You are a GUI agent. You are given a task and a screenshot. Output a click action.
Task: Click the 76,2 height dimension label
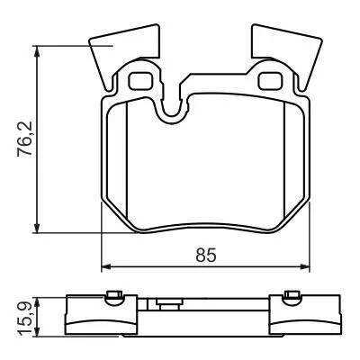[x=24, y=139]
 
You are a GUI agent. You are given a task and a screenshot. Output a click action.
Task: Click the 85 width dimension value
[x=206, y=256]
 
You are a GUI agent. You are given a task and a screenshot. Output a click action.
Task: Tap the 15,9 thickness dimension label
[x=24, y=318]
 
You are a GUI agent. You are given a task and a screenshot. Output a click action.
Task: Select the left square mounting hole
[x=141, y=80]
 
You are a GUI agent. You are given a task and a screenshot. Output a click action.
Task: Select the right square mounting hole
[x=270, y=80]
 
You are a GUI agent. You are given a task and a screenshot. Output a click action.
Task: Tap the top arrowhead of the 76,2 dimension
[x=37, y=51]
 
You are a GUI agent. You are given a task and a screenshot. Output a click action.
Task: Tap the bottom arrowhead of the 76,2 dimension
[x=37, y=228]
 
